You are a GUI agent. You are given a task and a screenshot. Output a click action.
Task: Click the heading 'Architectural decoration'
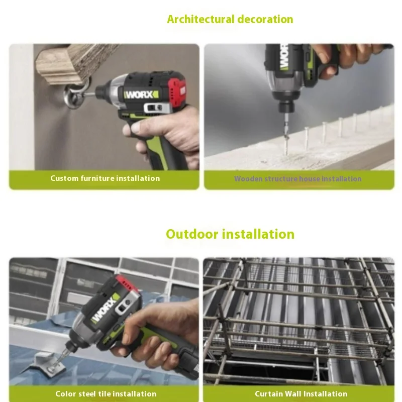230,19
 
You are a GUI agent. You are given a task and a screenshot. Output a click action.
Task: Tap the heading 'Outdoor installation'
230,234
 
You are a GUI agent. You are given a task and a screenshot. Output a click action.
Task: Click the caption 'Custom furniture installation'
105,178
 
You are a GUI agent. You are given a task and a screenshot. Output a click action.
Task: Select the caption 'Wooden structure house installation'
298,179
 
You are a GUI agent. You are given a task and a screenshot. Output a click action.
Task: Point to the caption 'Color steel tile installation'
106,393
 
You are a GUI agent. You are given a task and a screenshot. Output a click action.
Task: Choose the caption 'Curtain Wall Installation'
301,393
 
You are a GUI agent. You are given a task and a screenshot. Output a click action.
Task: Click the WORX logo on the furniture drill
141,95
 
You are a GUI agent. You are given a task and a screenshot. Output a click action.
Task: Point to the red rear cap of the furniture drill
178,92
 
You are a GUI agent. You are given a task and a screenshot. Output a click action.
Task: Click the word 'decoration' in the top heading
265,19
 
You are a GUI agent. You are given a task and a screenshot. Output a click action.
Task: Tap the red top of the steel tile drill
127,283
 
